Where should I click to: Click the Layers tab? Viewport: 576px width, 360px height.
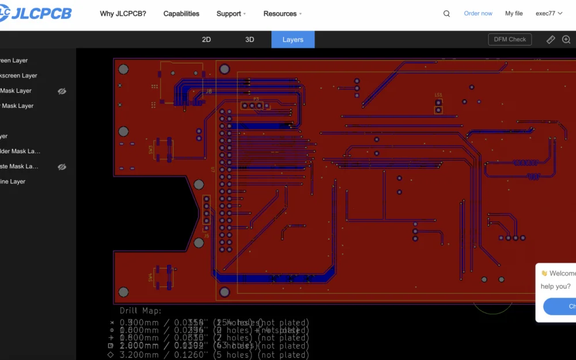293,40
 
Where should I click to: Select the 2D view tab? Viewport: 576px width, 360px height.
206,40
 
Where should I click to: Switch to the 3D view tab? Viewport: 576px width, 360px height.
249,40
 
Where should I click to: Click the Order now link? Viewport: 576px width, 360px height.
478,14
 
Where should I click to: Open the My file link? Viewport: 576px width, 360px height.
514,14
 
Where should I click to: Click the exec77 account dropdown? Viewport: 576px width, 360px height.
548,14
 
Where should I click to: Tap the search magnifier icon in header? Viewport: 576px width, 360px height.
446,14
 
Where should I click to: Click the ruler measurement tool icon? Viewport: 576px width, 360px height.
551,40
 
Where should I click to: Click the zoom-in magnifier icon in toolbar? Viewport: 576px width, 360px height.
566,40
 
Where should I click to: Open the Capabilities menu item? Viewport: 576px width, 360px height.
181,14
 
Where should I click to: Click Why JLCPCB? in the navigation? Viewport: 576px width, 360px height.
123,14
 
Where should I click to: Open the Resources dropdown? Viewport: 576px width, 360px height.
282,14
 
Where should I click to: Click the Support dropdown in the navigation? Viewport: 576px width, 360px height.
231,14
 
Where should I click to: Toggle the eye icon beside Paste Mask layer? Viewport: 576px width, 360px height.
62,166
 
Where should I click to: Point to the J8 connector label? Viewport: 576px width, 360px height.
209,91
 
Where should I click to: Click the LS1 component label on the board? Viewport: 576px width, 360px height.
438,95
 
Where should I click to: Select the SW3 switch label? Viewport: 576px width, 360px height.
151,150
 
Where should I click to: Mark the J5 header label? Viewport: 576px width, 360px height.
207,235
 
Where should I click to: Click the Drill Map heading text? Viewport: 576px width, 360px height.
141,311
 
